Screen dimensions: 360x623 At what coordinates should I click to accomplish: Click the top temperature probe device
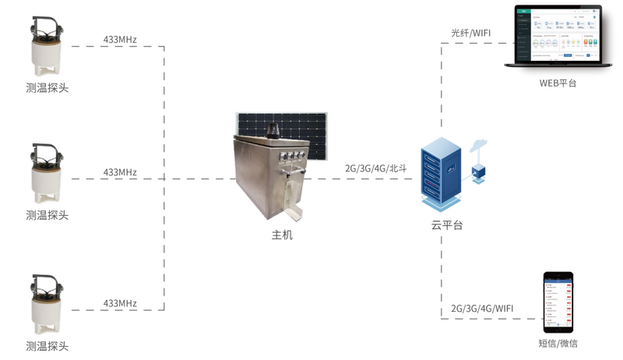[x=47, y=48]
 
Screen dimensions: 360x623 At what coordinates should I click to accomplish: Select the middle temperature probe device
[x=47, y=176]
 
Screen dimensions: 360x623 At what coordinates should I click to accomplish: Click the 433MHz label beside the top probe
[x=120, y=39]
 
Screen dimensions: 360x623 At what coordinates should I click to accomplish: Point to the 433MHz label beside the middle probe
[x=120, y=171]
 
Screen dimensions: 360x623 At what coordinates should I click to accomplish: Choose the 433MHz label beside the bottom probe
[x=120, y=303]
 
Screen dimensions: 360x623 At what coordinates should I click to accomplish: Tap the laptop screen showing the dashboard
[x=558, y=35]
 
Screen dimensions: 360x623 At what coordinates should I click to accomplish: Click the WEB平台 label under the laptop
[x=558, y=83]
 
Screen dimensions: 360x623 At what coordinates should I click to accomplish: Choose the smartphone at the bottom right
[x=558, y=303]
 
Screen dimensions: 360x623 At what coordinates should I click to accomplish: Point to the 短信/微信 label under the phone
[x=558, y=343]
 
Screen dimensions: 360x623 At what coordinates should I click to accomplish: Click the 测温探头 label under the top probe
[x=47, y=88]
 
